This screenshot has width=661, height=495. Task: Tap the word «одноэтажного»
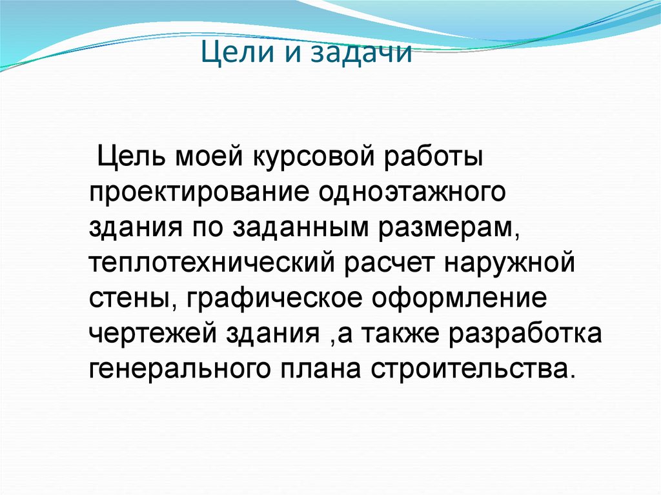click(409, 192)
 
